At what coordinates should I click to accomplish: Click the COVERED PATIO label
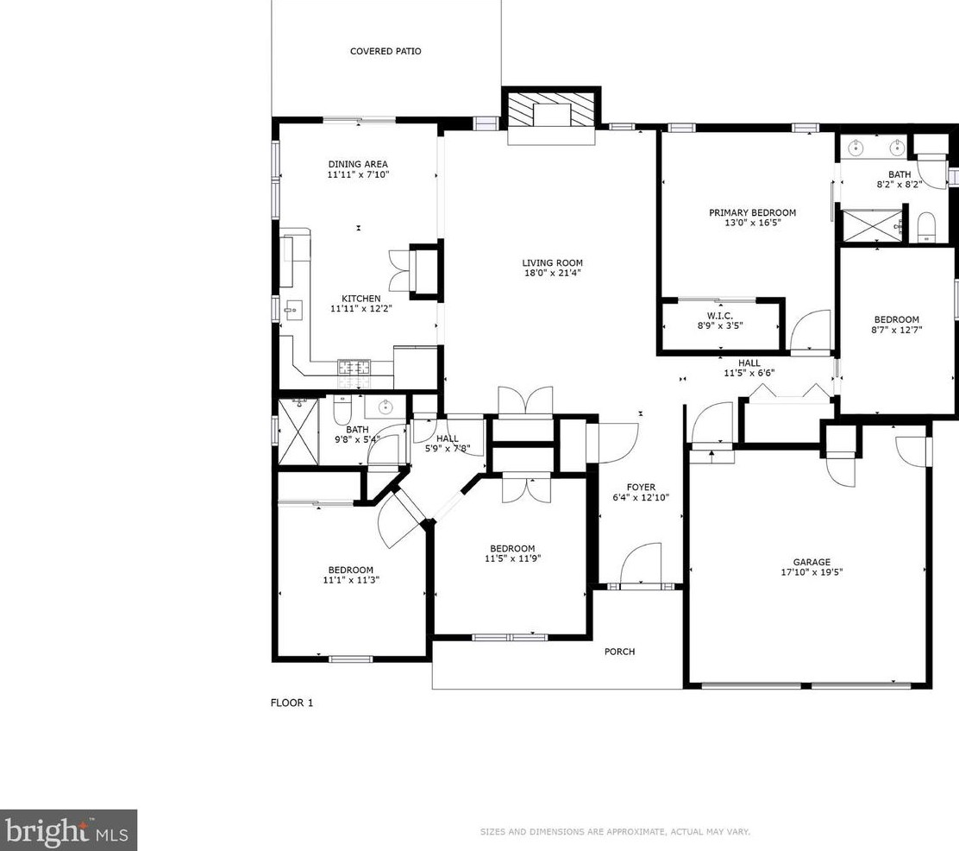pyautogui.click(x=385, y=52)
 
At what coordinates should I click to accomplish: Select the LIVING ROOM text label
pyautogui.click(x=552, y=263)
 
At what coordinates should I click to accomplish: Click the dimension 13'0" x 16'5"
pyautogui.click(x=752, y=223)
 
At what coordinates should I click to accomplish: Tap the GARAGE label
pyautogui.click(x=812, y=562)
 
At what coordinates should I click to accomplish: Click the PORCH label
pyautogui.click(x=619, y=652)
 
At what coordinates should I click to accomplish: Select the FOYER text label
pyautogui.click(x=641, y=488)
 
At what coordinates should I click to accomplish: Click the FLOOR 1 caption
pyautogui.click(x=292, y=703)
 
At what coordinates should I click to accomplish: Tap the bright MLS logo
pyautogui.click(x=68, y=830)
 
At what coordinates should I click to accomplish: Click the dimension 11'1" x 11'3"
pyautogui.click(x=350, y=580)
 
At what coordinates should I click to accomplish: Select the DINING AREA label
pyautogui.click(x=358, y=164)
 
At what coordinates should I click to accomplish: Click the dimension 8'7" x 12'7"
pyautogui.click(x=897, y=330)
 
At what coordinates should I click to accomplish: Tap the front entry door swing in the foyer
pyautogui.click(x=640, y=564)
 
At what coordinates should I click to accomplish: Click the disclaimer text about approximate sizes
pyautogui.click(x=614, y=832)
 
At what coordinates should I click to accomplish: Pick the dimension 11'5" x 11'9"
pyautogui.click(x=512, y=558)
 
